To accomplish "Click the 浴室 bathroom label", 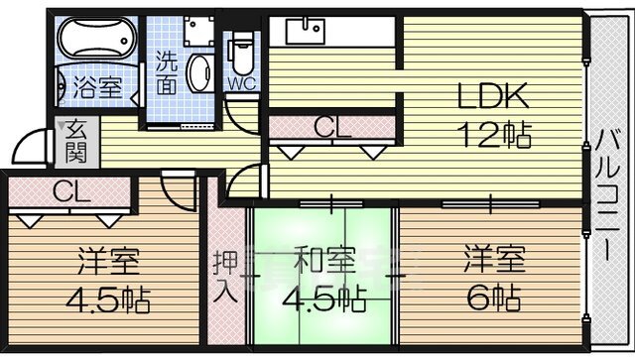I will (98, 86).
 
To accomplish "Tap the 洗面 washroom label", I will (168, 76).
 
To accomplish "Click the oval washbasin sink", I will (199, 75).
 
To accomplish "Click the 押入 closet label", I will (224, 277).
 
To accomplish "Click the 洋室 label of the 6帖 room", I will (490, 262).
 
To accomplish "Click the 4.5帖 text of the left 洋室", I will (110, 299).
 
